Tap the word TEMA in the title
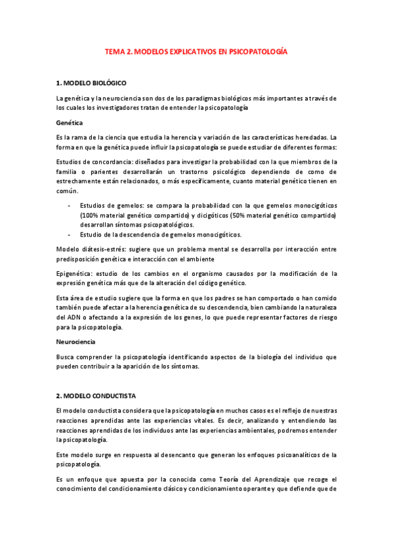click(115, 51)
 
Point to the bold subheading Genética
click(70, 122)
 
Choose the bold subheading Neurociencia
click(75, 342)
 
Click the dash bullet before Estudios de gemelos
click(70, 205)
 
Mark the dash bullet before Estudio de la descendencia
click(70, 234)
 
